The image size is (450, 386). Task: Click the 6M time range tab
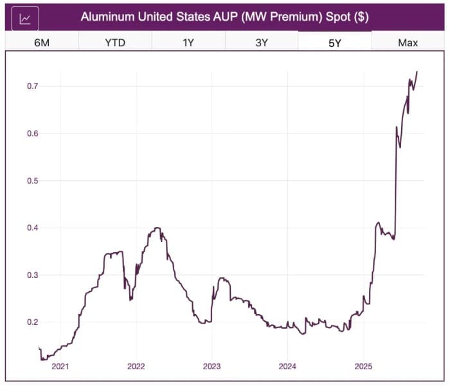42,42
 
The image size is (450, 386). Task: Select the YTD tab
115,42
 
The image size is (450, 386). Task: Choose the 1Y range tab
188,42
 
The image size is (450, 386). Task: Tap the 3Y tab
262,42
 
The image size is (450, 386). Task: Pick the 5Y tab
335,42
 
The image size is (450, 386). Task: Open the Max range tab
408,42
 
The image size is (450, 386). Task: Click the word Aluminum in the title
107,17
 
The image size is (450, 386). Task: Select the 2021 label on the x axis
60,367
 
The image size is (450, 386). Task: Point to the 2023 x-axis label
212,367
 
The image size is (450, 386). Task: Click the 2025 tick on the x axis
363,367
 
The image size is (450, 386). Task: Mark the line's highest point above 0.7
417,71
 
